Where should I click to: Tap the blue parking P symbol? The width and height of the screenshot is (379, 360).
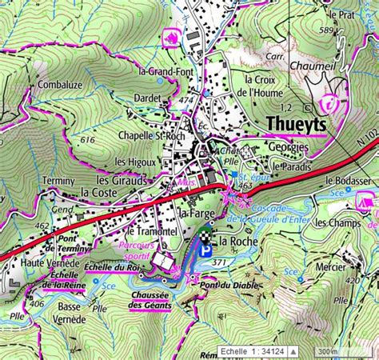coord(207,251)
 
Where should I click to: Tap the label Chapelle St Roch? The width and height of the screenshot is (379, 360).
coord(151,135)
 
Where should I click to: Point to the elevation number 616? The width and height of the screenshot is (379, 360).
coord(88,140)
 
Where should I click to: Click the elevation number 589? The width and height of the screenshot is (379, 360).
coord(324,30)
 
